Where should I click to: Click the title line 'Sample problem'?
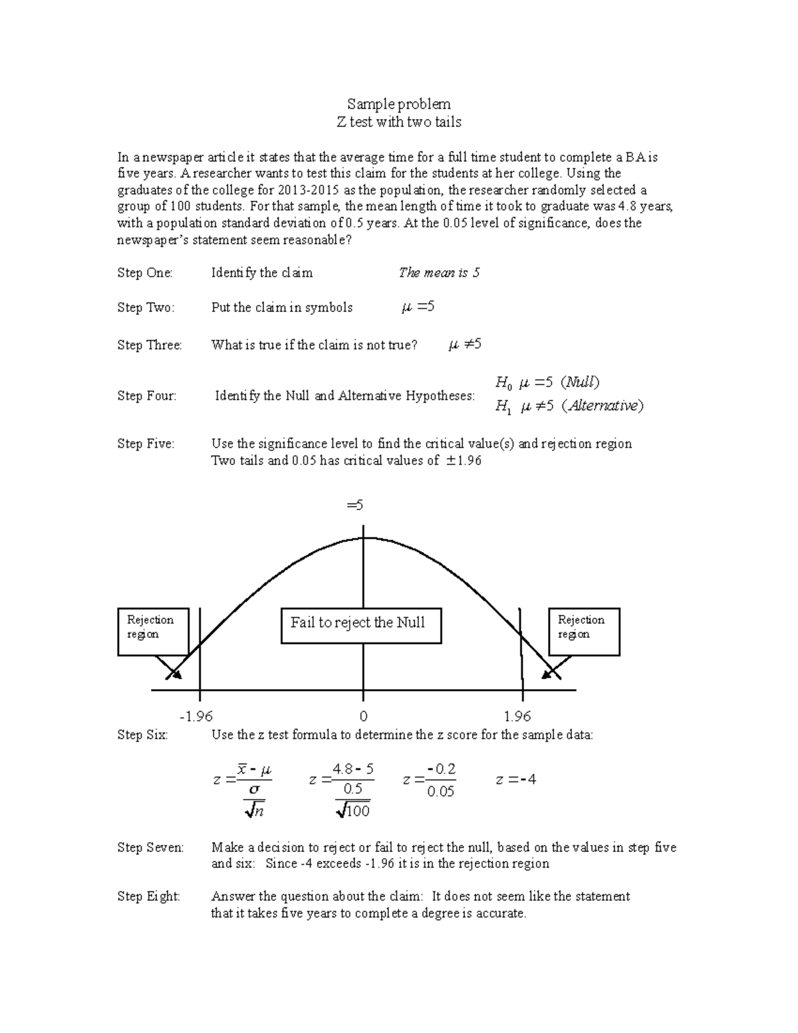pos(398,104)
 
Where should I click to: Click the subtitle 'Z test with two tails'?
pos(398,122)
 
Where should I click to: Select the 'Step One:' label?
pos(145,273)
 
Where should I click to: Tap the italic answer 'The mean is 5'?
pos(439,273)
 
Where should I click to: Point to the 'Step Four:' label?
pos(147,396)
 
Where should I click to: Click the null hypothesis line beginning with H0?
pos(547,382)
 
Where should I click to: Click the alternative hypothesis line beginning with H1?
pos(569,406)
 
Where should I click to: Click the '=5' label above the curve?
pos(355,506)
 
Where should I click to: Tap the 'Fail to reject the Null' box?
pos(361,625)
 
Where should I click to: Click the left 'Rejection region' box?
pos(153,631)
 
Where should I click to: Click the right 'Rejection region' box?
pos(584,631)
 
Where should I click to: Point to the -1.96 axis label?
pos(196,716)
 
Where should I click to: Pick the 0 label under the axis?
pos(363,716)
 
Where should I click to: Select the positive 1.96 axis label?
pos(517,716)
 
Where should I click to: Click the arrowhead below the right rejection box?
pos(549,673)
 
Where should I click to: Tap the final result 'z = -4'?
pos(516,780)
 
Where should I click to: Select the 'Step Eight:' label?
pos(149,897)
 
